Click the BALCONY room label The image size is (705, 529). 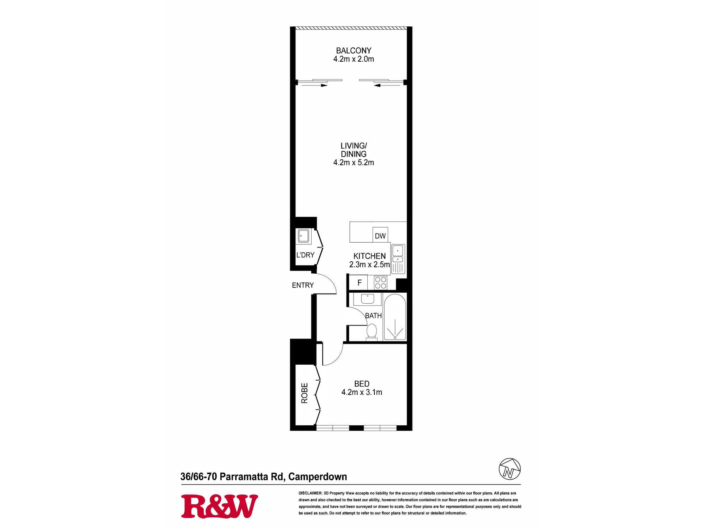point(354,51)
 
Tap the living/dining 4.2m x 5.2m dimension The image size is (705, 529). point(354,163)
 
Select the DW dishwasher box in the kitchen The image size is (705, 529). point(380,235)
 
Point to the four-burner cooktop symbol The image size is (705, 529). point(381,282)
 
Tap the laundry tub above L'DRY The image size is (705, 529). point(304,236)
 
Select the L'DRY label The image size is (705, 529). point(305,255)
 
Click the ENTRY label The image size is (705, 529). point(303,285)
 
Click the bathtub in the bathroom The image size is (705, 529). point(395,317)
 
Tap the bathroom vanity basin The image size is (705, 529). point(367,299)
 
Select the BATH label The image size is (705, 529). point(373,316)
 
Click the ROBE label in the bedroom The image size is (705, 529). point(305,393)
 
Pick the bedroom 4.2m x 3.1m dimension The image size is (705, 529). point(362,392)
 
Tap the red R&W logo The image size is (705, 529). point(220,506)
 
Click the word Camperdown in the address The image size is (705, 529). point(318,477)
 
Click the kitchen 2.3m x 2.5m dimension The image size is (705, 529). point(369,264)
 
